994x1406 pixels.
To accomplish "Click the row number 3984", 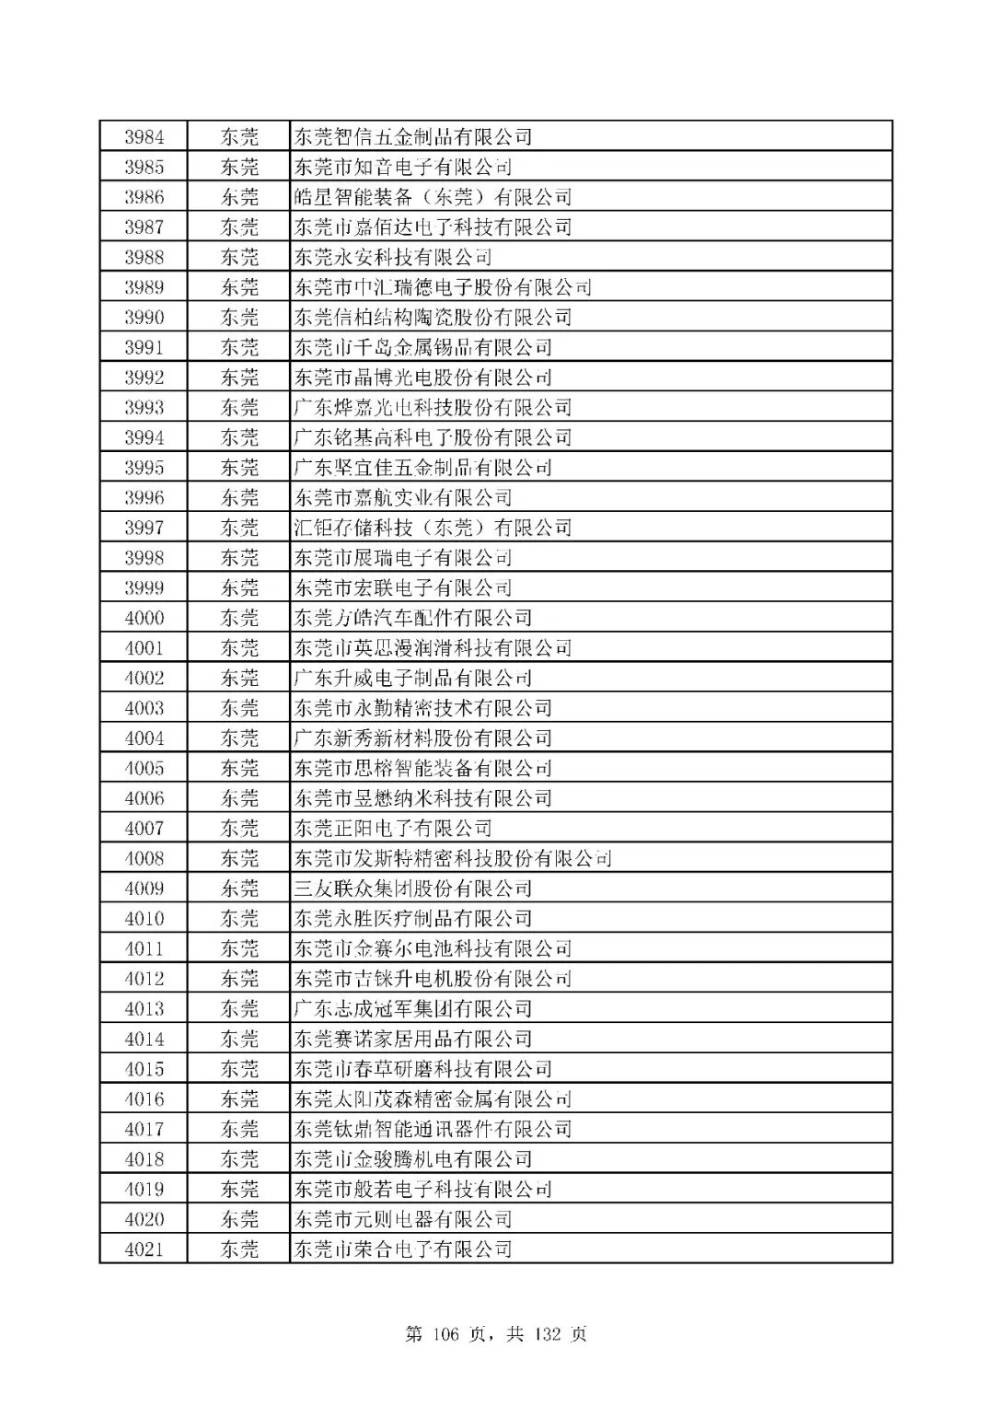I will click(x=144, y=137).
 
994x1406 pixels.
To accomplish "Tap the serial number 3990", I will click(x=144, y=318).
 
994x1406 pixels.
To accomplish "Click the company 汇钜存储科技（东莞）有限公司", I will click(x=433, y=528).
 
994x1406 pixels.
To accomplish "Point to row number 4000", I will click(x=144, y=618).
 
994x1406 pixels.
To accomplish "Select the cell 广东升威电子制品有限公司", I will click(x=412, y=679).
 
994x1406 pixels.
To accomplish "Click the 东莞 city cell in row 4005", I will click(x=239, y=769).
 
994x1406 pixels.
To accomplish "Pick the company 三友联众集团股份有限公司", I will click(x=412, y=889).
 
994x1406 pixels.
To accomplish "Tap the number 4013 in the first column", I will click(x=144, y=1009).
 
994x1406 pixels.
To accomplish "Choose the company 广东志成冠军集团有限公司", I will click(x=412, y=1009).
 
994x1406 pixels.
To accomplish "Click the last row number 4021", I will click(x=144, y=1249).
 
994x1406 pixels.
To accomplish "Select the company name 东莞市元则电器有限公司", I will click(x=402, y=1220).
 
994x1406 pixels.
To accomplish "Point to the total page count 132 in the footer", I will click(x=549, y=1334).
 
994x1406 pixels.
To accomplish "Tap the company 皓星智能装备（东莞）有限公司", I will click(x=433, y=197).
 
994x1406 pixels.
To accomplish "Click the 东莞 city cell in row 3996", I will click(x=239, y=498).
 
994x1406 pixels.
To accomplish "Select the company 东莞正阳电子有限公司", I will click(x=393, y=829).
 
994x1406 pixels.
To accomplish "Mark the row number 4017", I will click(x=144, y=1130).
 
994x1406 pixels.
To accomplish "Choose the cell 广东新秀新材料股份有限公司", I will click(x=422, y=738).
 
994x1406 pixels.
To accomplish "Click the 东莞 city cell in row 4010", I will click(x=239, y=919).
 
